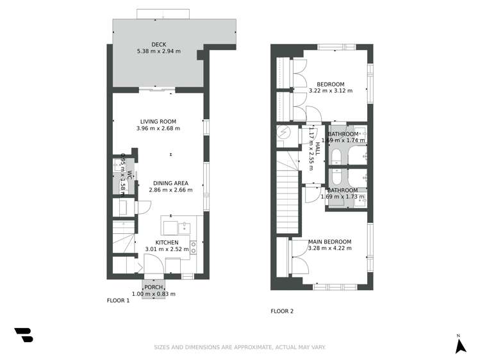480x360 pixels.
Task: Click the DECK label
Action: coord(158,44)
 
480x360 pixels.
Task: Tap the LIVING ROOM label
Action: coord(158,121)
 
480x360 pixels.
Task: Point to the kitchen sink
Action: coord(184,226)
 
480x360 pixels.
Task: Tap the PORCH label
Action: coord(153,287)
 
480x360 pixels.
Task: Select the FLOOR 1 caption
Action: coord(118,300)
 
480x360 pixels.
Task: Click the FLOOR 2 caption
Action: coord(282,311)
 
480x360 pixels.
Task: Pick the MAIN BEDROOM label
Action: coord(329,241)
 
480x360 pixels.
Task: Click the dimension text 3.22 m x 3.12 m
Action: coord(330,91)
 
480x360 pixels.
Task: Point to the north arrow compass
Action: coord(459,345)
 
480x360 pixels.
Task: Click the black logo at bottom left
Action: coord(24,335)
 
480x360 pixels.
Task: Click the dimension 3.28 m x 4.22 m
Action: coord(329,248)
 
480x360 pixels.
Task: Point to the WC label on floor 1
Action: coord(128,174)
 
